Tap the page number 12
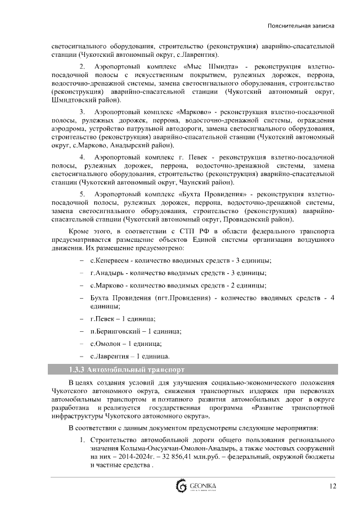332,486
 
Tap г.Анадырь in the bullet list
108,273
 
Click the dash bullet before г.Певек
82,318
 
